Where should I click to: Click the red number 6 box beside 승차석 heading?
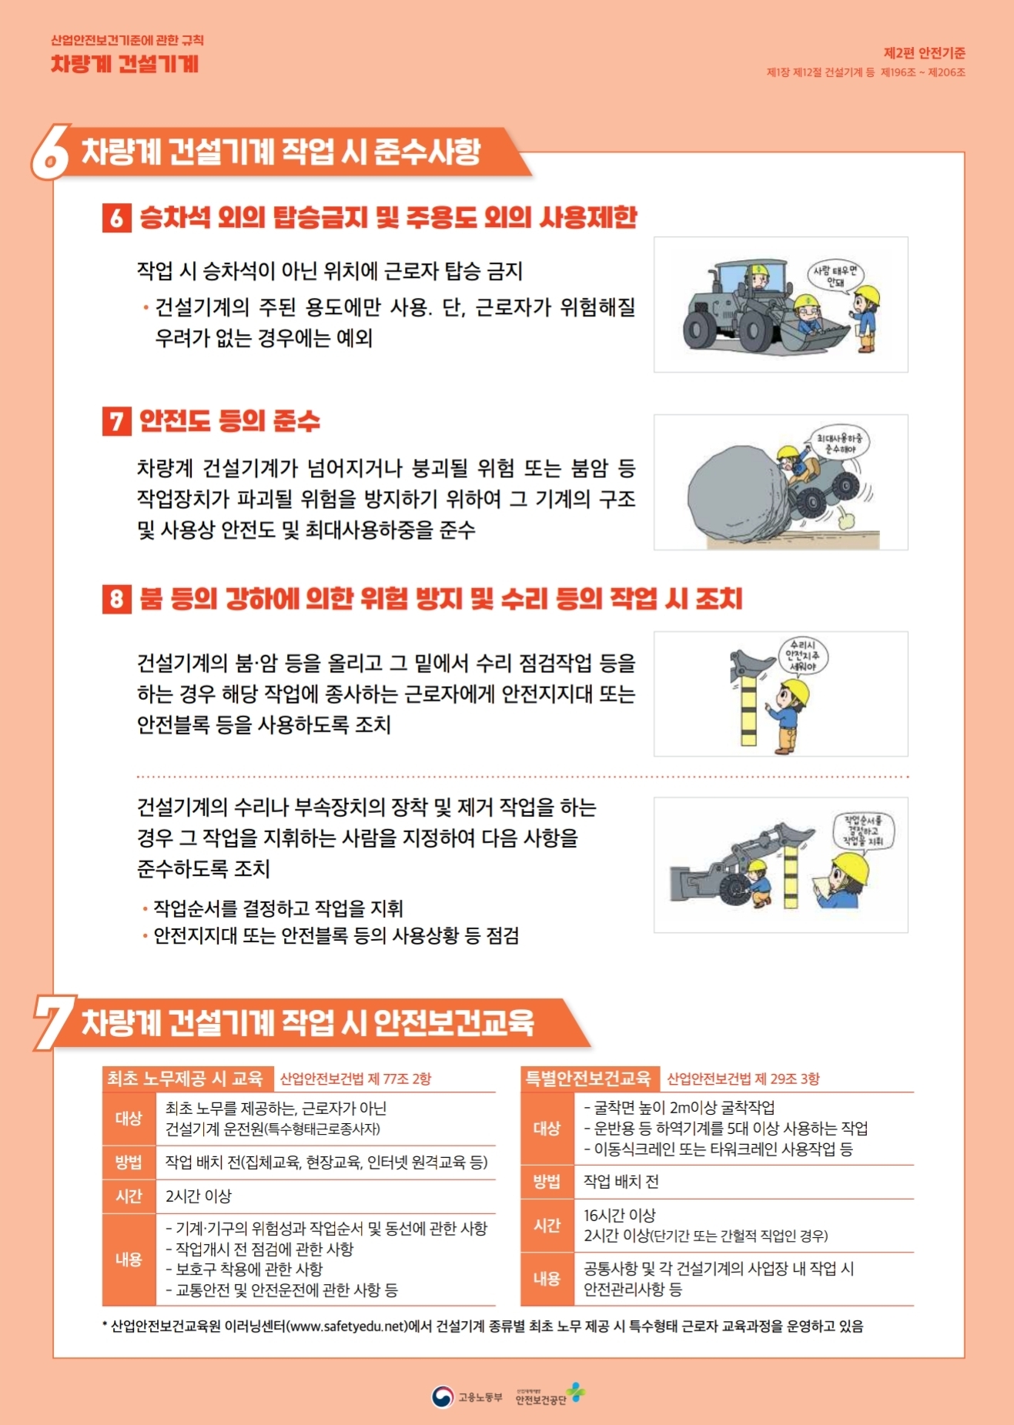coord(116,218)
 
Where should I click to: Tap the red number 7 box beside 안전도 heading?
coord(116,421)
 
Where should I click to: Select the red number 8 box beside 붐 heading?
coord(116,599)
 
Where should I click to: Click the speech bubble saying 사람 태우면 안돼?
coord(835,276)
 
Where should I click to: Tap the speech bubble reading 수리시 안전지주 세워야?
coord(802,656)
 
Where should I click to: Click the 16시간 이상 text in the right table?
coord(620,1215)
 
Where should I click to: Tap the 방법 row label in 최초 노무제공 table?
coord(129,1162)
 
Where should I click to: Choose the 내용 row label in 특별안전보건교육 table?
coord(547,1279)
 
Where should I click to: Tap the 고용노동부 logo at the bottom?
coord(467,1397)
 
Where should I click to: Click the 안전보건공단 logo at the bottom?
coord(550,1394)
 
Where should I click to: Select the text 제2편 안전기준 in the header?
coord(924,53)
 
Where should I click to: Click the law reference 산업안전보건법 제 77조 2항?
coord(356,1079)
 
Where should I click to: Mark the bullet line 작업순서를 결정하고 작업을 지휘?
coord(278,908)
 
